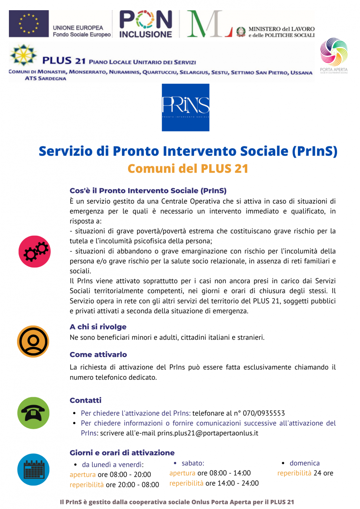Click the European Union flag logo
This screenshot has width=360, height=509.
click(29, 24)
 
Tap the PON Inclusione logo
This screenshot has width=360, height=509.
click(146, 24)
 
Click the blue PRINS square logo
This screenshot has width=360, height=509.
click(185, 107)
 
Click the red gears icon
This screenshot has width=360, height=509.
click(34, 251)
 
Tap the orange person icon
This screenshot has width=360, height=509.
click(33, 341)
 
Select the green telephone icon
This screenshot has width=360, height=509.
click(33, 413)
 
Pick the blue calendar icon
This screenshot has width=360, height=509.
click(33, 470)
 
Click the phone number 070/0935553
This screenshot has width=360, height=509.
click(263, 413)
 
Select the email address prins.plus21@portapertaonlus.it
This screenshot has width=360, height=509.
click(208, 433)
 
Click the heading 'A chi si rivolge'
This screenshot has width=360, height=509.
click(98, 327)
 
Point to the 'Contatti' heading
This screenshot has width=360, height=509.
click(85, 400)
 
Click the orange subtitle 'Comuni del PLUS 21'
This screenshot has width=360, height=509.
click(188, 168)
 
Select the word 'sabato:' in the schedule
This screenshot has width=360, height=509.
click(193, 463)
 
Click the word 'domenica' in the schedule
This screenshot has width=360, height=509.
click(305, 463)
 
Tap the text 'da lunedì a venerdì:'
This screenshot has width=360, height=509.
click(113, 465)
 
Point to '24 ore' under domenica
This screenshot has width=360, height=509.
click(323, 473)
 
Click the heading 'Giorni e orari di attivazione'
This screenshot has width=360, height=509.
click(122, 453)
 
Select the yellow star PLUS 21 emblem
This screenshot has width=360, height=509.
click(23, 55)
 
